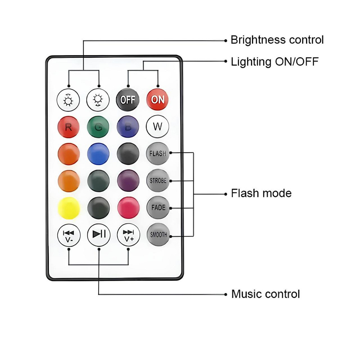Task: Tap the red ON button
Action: pos(158,99)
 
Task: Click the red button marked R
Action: pos(68,127)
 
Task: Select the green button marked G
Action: pos(98,127)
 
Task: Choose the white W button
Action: pos(158,127)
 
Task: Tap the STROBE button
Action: pos(158,180)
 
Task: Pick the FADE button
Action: pos(158,208)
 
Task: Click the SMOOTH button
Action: pos(158,235)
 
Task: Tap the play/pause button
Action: pos(98,235)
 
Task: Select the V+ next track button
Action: pos(128,235)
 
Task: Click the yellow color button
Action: pos(68,208)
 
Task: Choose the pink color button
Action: pos(128,208)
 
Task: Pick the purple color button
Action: pos(128,180)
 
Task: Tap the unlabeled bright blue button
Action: pos(98,154)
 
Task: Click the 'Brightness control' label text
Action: pos(277,40)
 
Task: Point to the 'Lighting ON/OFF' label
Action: pos(275,62)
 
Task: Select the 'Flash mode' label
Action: pos(261,193)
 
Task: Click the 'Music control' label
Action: pos(265,294)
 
